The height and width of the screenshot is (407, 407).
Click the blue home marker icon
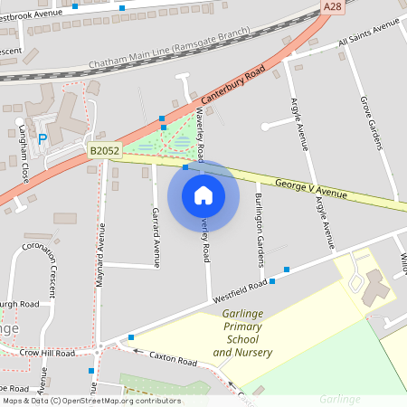tap(203, 195)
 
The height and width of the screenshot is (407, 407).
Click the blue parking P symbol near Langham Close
tap(43, 139)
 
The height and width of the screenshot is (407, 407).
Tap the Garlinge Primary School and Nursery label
tap(242, 332)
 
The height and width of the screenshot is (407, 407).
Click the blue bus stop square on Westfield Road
tap(286, 270)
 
